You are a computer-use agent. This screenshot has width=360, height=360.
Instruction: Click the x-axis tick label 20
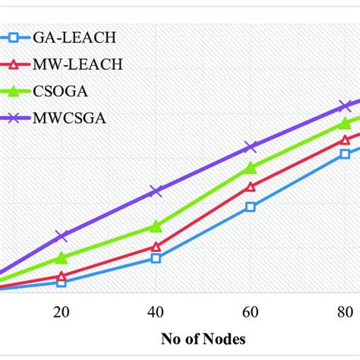62,311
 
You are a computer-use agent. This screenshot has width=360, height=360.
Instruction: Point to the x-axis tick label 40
156,311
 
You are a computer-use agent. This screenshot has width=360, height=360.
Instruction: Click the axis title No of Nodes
203,338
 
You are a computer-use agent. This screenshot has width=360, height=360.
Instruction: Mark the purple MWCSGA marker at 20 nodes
62,236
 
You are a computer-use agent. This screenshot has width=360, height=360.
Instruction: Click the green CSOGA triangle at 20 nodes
62,258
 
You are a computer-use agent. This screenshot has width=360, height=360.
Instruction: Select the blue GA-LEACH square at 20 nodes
62,282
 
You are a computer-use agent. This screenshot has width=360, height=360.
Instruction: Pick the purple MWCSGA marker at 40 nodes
156,191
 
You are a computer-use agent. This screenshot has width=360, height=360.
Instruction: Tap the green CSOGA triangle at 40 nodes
156,226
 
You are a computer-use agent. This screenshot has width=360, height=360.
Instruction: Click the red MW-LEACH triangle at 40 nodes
156,247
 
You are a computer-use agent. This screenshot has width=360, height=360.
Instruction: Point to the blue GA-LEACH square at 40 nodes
156,258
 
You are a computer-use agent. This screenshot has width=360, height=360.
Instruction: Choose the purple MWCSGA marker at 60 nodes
251,146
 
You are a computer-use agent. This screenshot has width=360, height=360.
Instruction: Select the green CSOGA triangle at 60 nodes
251,167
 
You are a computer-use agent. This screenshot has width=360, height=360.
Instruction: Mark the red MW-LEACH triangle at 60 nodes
251,186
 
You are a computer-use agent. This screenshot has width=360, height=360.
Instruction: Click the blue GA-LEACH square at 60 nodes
251,206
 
